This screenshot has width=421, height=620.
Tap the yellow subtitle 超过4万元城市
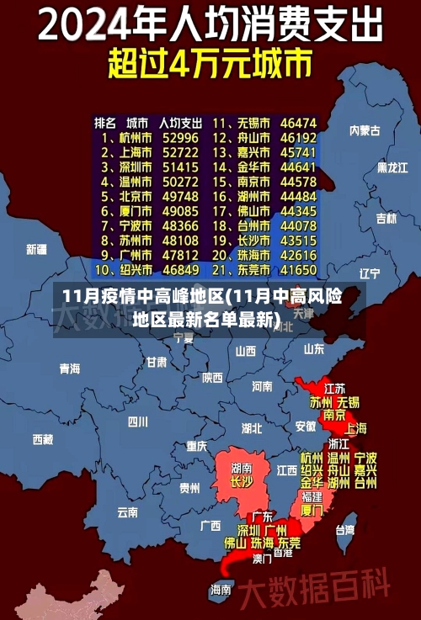coord(210,64)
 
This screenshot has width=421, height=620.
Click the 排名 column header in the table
coord(105,122)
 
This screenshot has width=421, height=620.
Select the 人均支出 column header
coord(180,122)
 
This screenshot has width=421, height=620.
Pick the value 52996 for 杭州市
coord(180,137)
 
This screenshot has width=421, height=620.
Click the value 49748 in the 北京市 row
coord(180,196)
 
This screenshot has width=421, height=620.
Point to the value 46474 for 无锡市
coord(298,122)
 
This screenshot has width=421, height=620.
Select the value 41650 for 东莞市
coord(298,270)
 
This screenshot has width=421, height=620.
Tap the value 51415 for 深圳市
coord(180,167)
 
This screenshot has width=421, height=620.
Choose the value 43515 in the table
coord(298,241)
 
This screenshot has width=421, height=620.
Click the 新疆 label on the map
coord(36,249)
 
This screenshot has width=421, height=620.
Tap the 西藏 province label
coord(42,439)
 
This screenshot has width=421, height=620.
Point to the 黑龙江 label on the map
coord(392,167)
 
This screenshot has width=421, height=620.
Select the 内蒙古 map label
coord(365,130)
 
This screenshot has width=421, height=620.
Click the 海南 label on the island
coord(221,590)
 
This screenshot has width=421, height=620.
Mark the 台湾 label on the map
coord(345,530)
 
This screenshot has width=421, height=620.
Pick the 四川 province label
coord(137,421)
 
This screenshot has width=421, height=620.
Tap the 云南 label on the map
coord(127,511)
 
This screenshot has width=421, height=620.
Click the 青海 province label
coord(69,368)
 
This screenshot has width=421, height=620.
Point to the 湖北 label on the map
coord(252,428)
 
